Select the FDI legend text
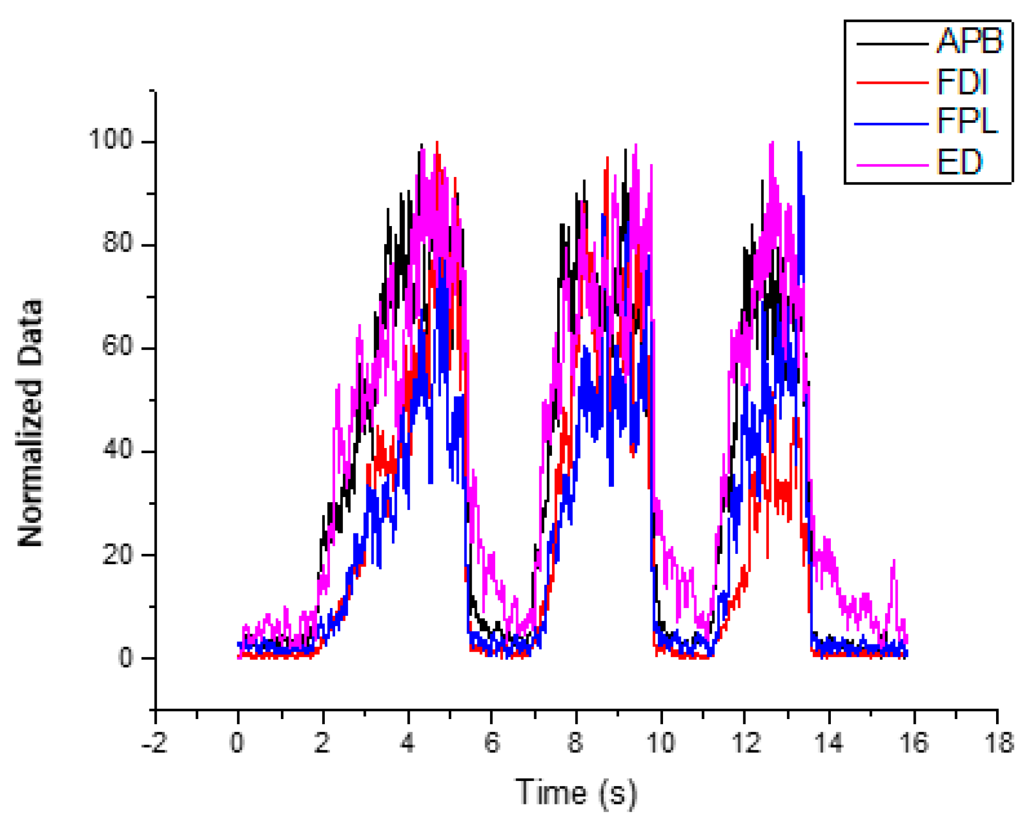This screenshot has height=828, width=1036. pyautogui.click(x=961, y=82)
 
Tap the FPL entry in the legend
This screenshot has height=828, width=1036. pyautogui.click(x=966, y=122)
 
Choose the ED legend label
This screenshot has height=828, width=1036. pyautogui.click(x=959, y=163)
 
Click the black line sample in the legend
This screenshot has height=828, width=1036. pyautogui.click(x=892, y=44)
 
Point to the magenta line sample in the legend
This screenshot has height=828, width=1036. pyautogui.click(x=892, y=165)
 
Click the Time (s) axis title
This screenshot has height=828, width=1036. pyautogui.click(x=576, y=793)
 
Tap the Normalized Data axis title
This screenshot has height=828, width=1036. pyautogui.click(x=30, y=422)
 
